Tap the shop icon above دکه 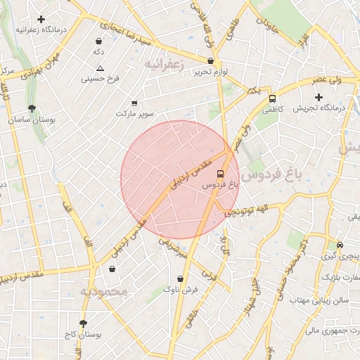(x=98, y=41)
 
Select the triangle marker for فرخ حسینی (x=101, y=68)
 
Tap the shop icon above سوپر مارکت (x=134, y=103)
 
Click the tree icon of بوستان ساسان (x=32, y=108)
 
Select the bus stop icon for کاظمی (x=272, y=99)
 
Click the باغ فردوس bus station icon (x=221, y=173)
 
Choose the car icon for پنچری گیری (x=340, y=245)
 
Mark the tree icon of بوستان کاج (x=84, y=323)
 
